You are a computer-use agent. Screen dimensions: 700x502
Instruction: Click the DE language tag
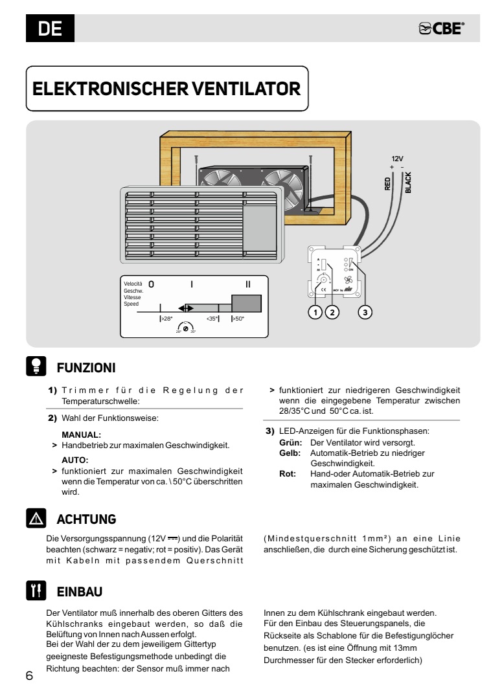click(50, 28)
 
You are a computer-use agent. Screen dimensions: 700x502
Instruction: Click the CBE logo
click(442, 28)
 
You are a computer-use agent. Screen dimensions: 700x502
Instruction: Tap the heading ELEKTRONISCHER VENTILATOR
click(166, 89)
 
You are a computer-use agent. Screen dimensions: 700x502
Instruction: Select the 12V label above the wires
click(397, 158)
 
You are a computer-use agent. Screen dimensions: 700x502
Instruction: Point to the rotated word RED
click(387, 183)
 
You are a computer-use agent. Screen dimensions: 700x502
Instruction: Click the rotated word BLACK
click(408, 182)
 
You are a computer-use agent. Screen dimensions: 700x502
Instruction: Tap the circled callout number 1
click(315, 312)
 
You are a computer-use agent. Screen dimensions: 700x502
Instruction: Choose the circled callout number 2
click(332, 312)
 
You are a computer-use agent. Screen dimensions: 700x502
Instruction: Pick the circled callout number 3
click(365, 312)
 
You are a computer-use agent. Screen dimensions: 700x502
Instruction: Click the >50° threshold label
click(238, 319)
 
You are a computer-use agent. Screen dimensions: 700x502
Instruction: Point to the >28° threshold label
click(166, 319)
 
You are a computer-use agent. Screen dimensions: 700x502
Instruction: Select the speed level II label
click(247, 284)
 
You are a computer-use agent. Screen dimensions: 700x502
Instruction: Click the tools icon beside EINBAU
click(34, 591)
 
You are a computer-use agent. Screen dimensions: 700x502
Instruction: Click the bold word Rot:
click(287, 473)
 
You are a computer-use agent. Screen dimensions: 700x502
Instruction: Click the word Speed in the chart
click(131, 304)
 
